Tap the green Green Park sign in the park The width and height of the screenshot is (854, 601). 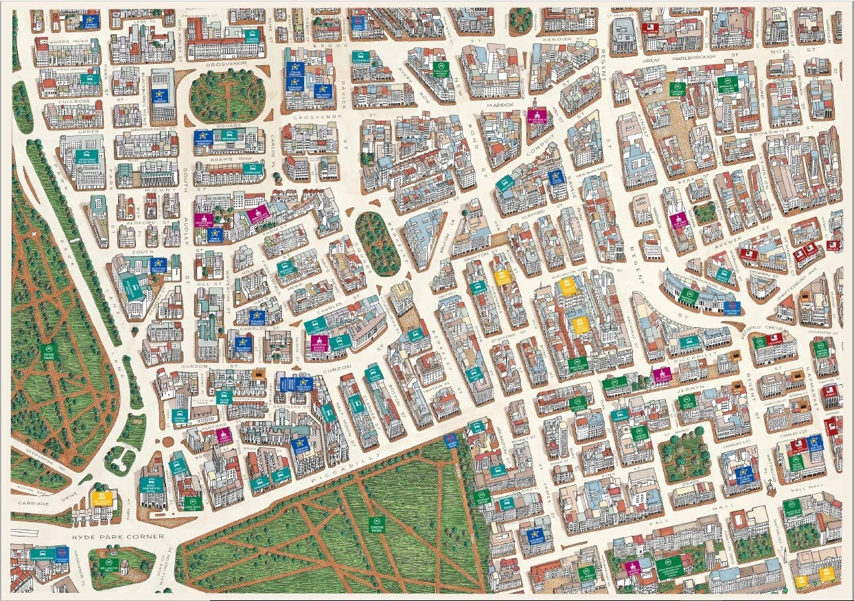coord(376,525)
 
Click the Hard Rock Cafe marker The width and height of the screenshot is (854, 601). coord(192,503)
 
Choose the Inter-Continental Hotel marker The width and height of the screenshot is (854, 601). coord(151,483)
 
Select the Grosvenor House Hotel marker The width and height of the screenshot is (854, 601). coord(86,158)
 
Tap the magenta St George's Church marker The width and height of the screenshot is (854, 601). coord(537,115)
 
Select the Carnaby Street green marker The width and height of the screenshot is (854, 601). coord(678,89)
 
